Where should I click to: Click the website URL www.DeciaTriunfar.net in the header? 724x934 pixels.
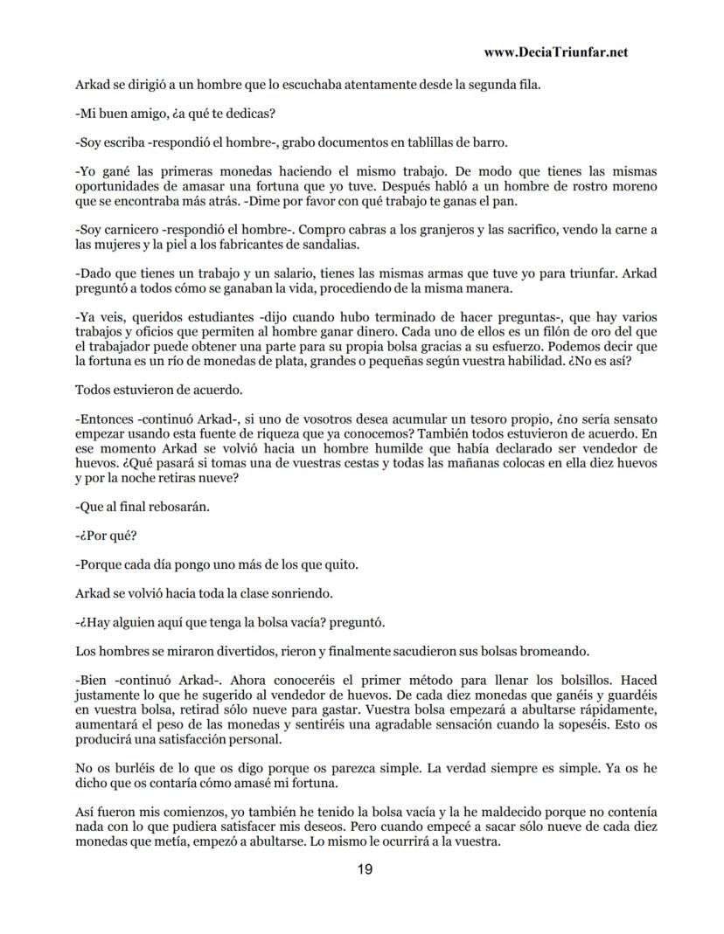pos(555,52)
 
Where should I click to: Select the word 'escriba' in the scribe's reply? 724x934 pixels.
pos(121,142)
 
